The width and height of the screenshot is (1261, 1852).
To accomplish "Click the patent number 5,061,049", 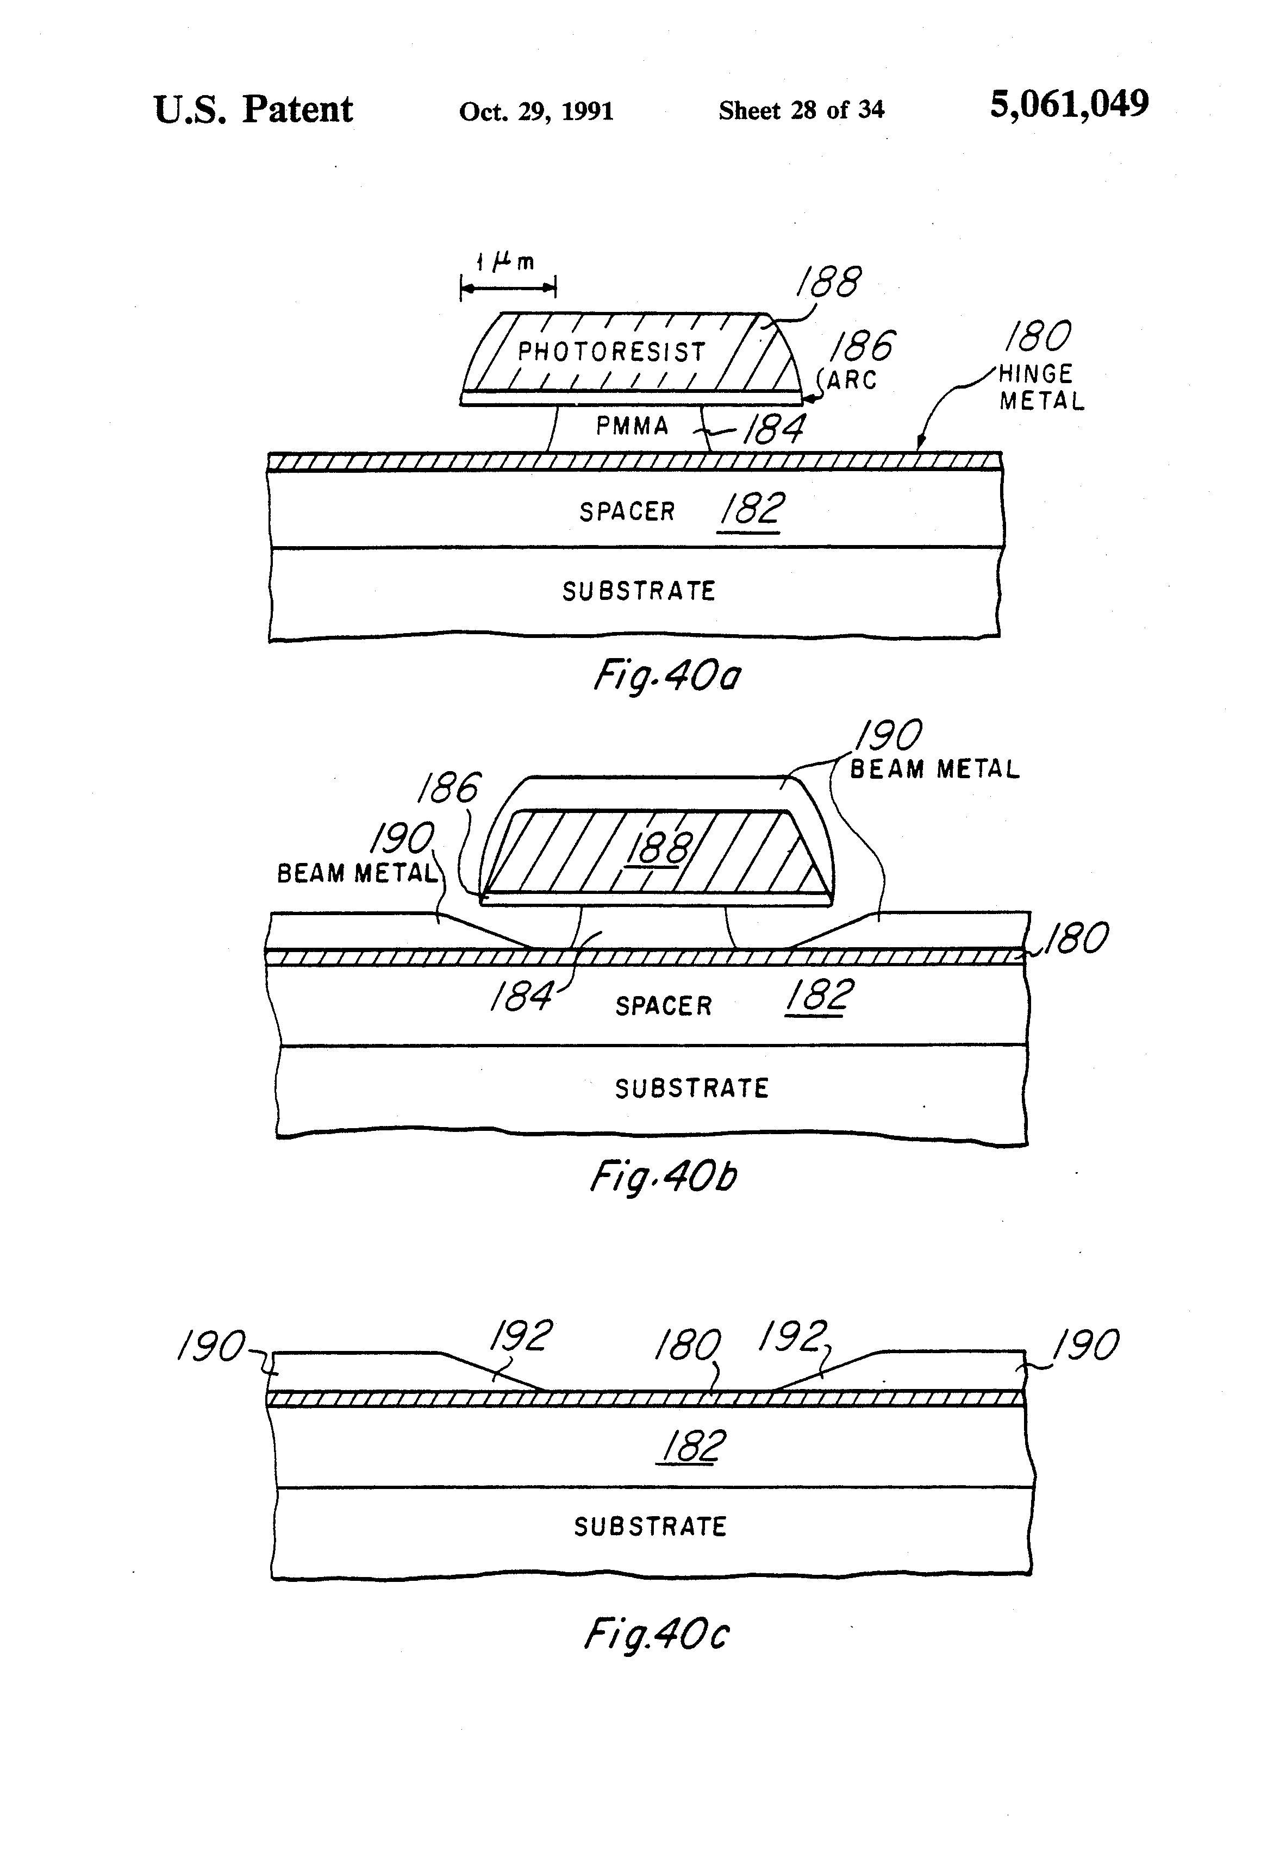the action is (x=1069, y=104).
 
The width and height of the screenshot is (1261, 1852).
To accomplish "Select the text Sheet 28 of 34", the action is (x=801, y=110).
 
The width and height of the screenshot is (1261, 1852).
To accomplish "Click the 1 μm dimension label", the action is (x=505, y=261).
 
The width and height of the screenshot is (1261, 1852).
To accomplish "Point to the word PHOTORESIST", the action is (x=612, y=352).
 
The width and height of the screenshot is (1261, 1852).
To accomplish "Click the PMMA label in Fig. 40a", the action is (x=632, y=426).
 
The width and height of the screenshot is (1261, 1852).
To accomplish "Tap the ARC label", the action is (x=851, y=380).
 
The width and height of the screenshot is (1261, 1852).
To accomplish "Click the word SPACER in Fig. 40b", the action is (x=663, y=1006).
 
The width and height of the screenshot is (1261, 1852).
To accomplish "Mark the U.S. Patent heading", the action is (x=253, y=109).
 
